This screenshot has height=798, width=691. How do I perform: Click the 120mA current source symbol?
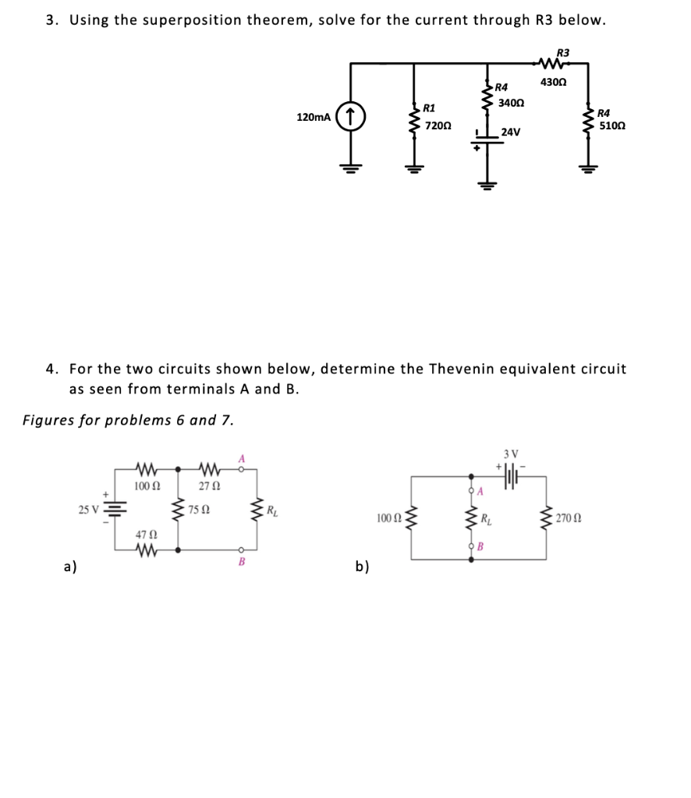[x=352, y=118]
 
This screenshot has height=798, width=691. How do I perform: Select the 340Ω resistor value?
[x=512, y=102]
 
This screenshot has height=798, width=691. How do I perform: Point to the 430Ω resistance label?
[x=554, y=83]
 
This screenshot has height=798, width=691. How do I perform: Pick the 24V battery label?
[x=511, y=132]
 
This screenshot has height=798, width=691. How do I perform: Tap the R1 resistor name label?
[x=430, y=107]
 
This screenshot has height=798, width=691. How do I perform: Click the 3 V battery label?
[x=511, y=454]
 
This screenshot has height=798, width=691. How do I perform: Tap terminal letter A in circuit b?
[x=480, y=492]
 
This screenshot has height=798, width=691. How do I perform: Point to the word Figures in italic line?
[x=51, y=420]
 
